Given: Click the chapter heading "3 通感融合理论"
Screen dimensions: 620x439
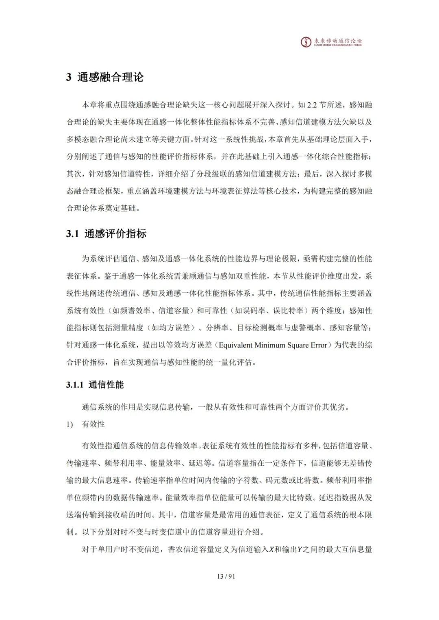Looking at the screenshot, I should [x=105, y=77].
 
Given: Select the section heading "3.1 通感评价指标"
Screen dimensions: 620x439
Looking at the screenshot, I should [x=106, y=234].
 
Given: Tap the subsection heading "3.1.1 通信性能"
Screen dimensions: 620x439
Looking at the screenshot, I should [x=95, y=385].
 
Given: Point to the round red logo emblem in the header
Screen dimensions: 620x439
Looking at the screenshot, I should [x=305, y=42].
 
